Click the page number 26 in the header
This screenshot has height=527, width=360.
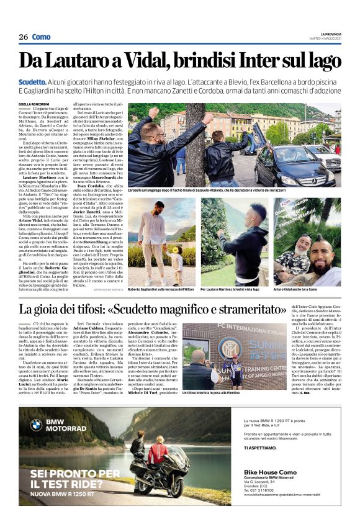(23, 37)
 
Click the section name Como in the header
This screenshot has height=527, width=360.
(41, 37)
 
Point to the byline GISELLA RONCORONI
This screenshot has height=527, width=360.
(35, 104)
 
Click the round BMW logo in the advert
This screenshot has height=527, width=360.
(36, 425)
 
